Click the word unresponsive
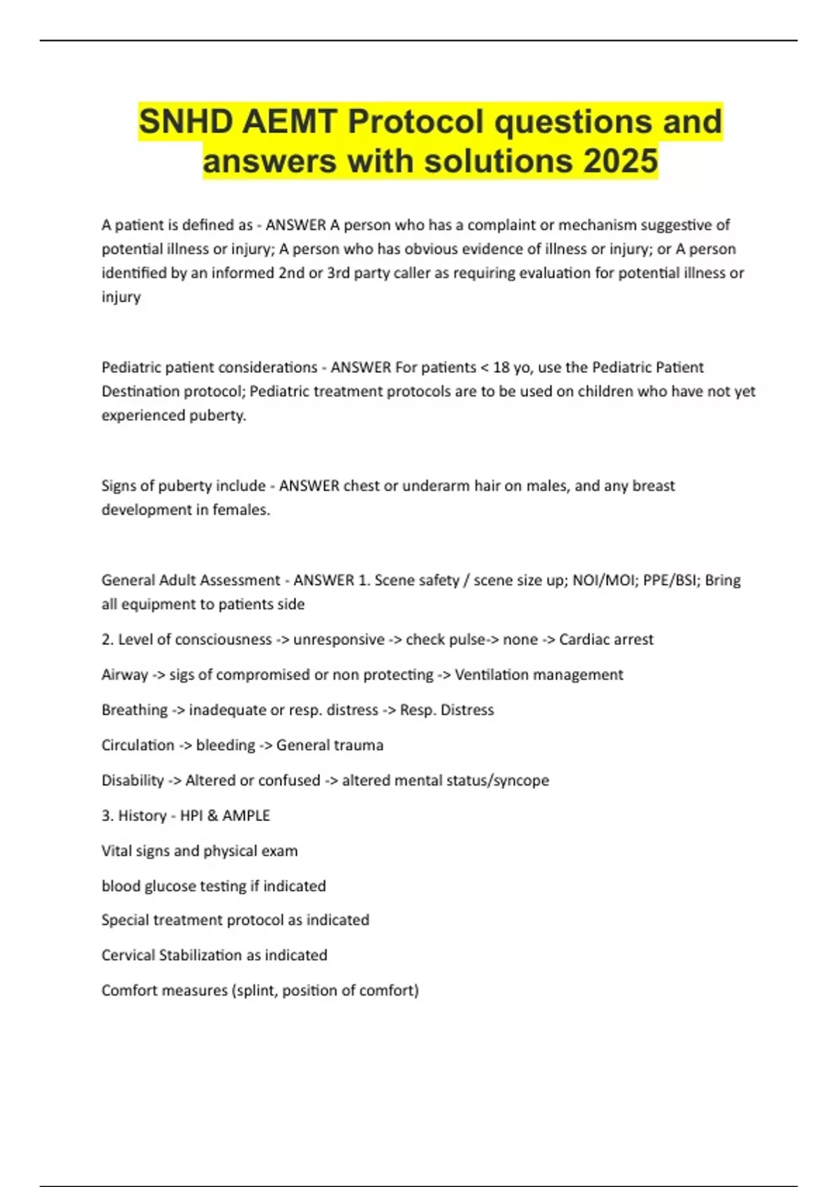[x=339, y=640]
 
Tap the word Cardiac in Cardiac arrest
[x=584, y=640]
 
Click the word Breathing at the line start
[x=134, y=710]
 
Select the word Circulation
[x=138, y=745]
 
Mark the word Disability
[x=133, y=780]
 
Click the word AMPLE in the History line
[x=246, y=816]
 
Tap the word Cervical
[x=128, y=955]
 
